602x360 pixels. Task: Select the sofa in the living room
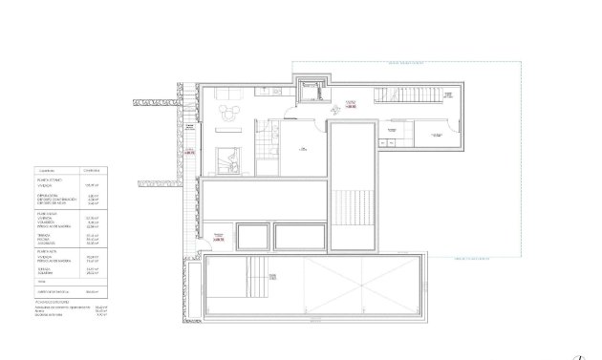pos(229,94)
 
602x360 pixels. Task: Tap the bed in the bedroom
pos(228,160)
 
